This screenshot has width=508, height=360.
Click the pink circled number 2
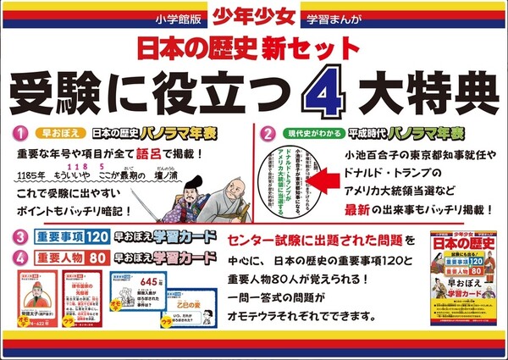(268, 134)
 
